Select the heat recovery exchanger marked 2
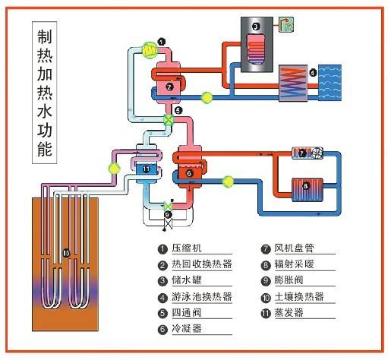tap(172, 81)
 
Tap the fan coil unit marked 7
tap(307, 153)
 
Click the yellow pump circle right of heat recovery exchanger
tap(207, 97)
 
